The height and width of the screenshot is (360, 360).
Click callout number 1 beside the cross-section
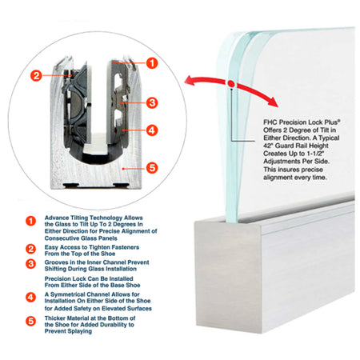pyautogui.click(x=152, y=63)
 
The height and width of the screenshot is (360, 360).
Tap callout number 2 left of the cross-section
pyautogui.click(x=36, y=75)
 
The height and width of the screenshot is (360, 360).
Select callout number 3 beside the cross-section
pyautogui.click(x=152, y=102)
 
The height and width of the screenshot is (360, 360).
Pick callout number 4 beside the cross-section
pyautogui.click(x=152, y=130)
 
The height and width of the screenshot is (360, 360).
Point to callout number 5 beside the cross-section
pyautogui.click(x=152, y=168)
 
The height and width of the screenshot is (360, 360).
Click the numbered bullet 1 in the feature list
pyautogui.click(x=30, y=221)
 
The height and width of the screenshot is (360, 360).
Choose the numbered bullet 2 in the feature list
pyautogui.click(x=30, y=249)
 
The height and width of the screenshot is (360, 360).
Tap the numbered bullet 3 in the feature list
pyautogui.click(x=30, y=264)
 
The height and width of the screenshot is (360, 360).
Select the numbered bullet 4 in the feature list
pyautogui.click(x=30, y=298)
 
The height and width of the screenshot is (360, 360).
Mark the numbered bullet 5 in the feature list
pyautogui.click(x=30, y=321)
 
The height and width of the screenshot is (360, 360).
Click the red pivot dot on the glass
pyautogui.click(x=231, y=84)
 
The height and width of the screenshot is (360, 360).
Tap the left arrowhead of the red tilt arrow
pyautogui.click(x=190, y=80)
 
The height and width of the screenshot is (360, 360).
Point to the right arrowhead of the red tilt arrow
pyautogui.click(x=273, y=102)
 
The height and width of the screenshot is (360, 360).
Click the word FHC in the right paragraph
pyautogui.click(x=270, y=122)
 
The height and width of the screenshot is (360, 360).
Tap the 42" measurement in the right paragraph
pyautogui.click(x=268, y=146)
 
